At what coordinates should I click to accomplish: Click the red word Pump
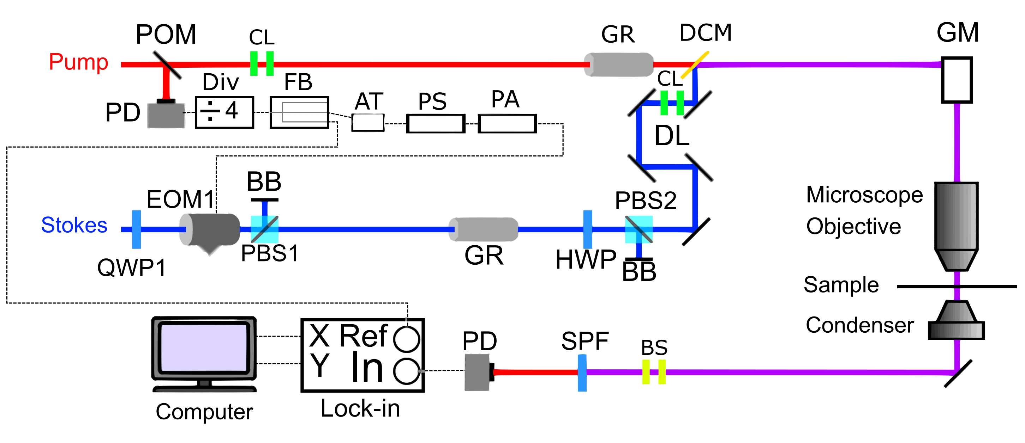[78, 62]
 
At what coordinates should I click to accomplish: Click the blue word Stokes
[74, 225]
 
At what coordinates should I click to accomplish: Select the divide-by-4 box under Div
[224, 112]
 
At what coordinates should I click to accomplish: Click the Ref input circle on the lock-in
[406, 339]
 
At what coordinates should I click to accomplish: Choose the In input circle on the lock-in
[406, 371]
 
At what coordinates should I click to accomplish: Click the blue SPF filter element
[582, 373]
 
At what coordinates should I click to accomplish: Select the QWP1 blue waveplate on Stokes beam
[136, 229]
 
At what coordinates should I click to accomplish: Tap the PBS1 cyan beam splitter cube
[264, 229]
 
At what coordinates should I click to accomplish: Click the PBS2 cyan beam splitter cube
[639, 229]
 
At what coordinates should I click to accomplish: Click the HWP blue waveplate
[587, 229]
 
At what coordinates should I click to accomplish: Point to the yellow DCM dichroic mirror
[694, 65]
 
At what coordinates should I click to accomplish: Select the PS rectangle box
[436, 124]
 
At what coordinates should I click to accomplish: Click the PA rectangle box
[507, 124]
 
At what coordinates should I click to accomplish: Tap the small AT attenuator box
[368, 122]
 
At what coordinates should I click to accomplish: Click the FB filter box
[299, 112]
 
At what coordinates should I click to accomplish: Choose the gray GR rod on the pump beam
[619, 64]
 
